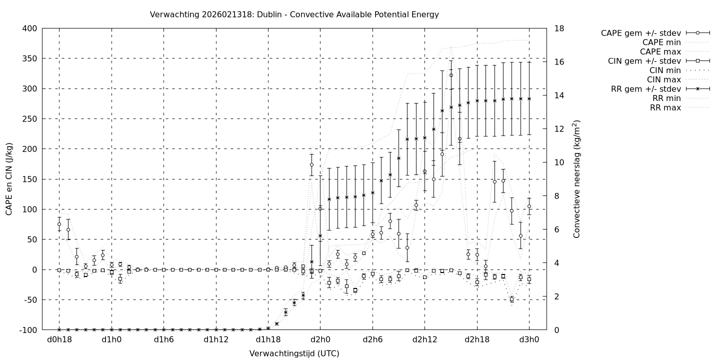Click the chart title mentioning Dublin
pyautogui.click(x=294, y=14)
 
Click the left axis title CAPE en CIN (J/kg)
pyautogui.click(x=9, y=178)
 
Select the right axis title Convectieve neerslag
pyautogui.click(x=576, y=178)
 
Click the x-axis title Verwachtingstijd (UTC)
pyautogui.click(x=294, y=353)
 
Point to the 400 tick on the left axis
pyautogui.click(x=29, y=28)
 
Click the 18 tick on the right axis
pyautogui.click(x=559, y=28)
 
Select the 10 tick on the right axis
pyautogui.click(x=559, y=162)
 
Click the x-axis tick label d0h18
pyautogui.click(x=59, y=340)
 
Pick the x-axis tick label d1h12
pyautogui.click(x=216, y=340)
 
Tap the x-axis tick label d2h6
pyautogui.click(x=372, y=340)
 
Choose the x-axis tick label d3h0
pyautogui.click(x=529, y=340)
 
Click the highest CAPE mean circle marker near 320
pyautogui.click(x=451, y=75)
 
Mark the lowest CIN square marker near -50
pyautogui.click(x=511, y=299)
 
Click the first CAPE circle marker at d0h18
pyautogui.click(x=59, y=224)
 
